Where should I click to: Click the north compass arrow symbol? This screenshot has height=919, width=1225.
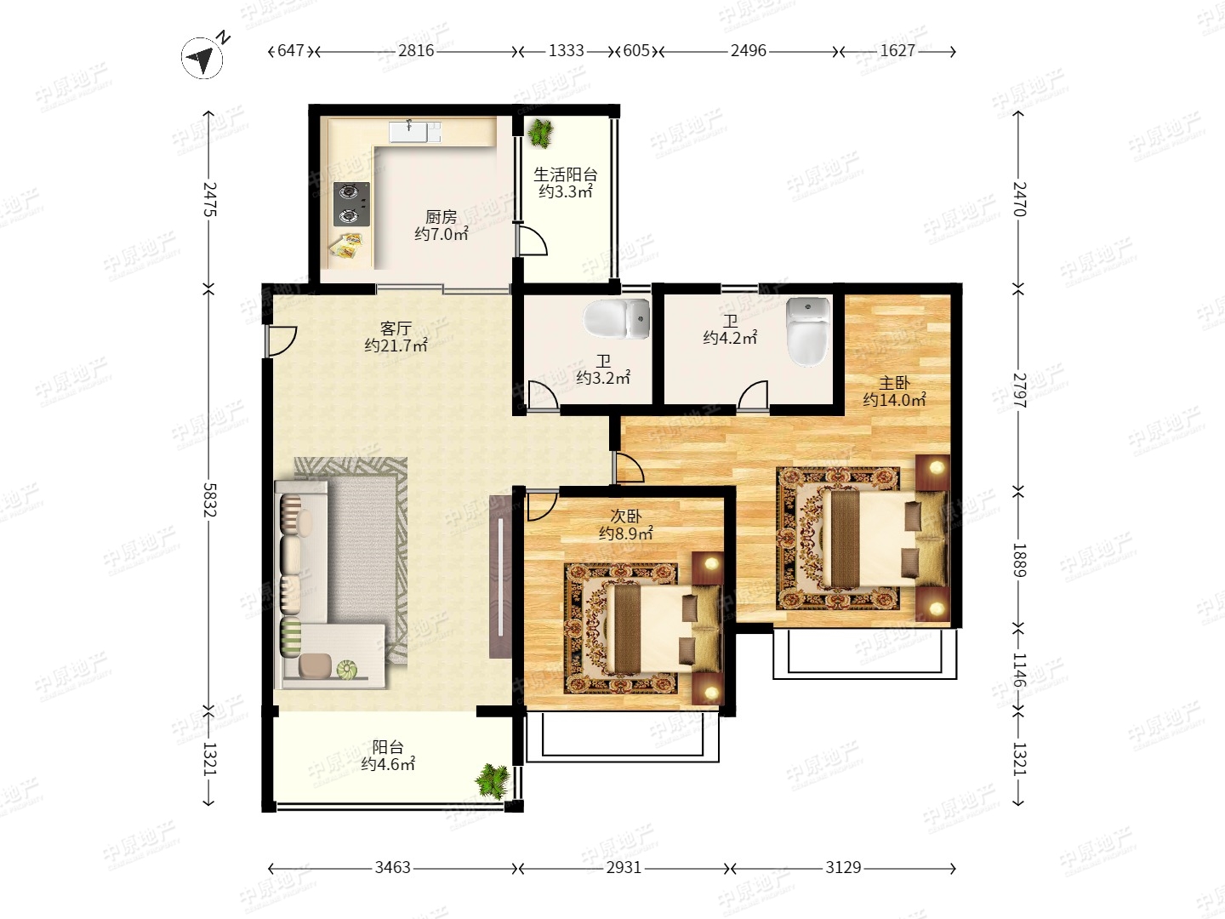pos(202,58)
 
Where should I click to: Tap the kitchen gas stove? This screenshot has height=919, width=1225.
pos(351,204)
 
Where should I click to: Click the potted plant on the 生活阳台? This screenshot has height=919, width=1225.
pos(539,133)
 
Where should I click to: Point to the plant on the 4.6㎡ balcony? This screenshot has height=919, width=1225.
pos(493,780)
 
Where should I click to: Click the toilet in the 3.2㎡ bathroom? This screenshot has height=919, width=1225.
pos(617,318)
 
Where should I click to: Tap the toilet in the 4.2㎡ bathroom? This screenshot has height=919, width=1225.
pos(807,332)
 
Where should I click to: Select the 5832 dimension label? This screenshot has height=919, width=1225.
pos(209,500)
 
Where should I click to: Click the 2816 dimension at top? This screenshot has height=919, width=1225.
pos(416,51)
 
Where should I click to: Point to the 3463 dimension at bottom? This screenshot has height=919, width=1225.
pos(392,868)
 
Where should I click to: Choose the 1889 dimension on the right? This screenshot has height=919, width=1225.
pos(1019,560)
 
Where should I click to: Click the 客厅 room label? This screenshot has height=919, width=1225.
pos(396,328)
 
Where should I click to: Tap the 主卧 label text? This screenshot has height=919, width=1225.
pos(894,383)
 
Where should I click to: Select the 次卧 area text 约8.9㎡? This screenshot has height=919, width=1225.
pos(625,534)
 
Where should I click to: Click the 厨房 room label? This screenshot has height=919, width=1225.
pos(441,216)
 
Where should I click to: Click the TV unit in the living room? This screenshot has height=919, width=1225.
pos(500,577)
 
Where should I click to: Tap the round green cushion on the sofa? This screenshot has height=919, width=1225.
pos(346,669)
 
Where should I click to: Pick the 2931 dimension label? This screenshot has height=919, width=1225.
pos(624,868)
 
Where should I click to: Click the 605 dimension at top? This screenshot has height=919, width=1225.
pos(636,51)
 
